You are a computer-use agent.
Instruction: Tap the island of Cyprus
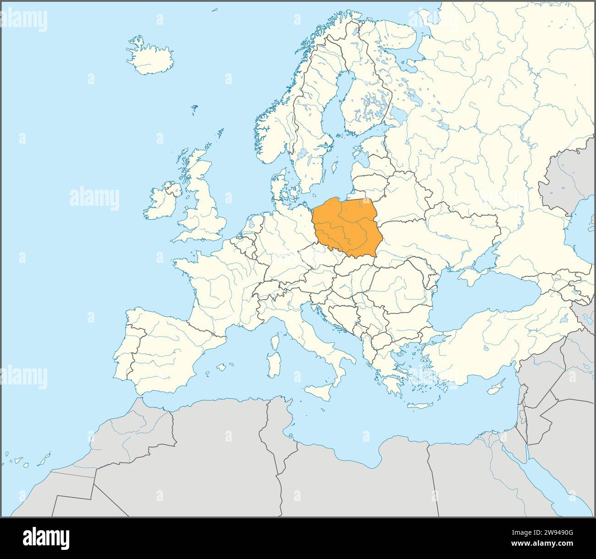(494, 389)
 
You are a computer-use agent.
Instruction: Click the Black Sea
(481, 302)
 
